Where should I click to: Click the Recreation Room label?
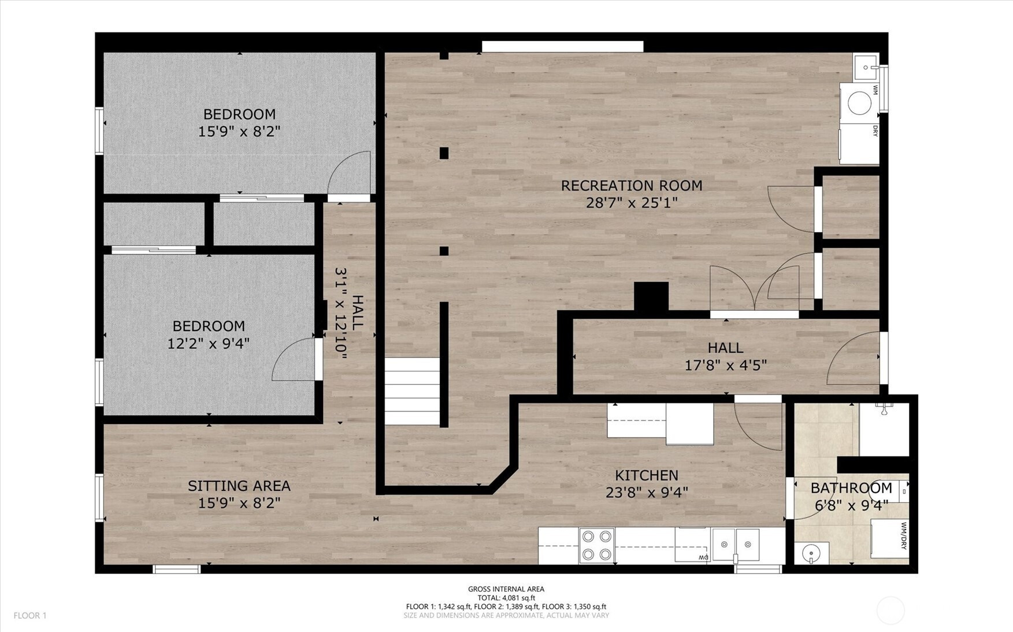632,185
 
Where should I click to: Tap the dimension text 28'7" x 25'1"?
632,203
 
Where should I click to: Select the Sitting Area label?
239,486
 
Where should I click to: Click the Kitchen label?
647,475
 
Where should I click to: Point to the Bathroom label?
851,488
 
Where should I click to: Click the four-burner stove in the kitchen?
597,545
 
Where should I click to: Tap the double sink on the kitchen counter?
736,544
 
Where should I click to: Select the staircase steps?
413,391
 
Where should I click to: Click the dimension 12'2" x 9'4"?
209,344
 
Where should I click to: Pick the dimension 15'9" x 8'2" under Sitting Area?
239,503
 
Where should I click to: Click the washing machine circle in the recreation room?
859,103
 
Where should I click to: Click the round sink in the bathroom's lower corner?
811,553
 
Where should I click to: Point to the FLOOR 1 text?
30,616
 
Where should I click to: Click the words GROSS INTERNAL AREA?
506,589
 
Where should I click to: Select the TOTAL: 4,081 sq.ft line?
506,598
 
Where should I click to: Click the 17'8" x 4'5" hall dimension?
726,365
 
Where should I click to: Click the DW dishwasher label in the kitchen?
703,557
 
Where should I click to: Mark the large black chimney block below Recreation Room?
651,297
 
